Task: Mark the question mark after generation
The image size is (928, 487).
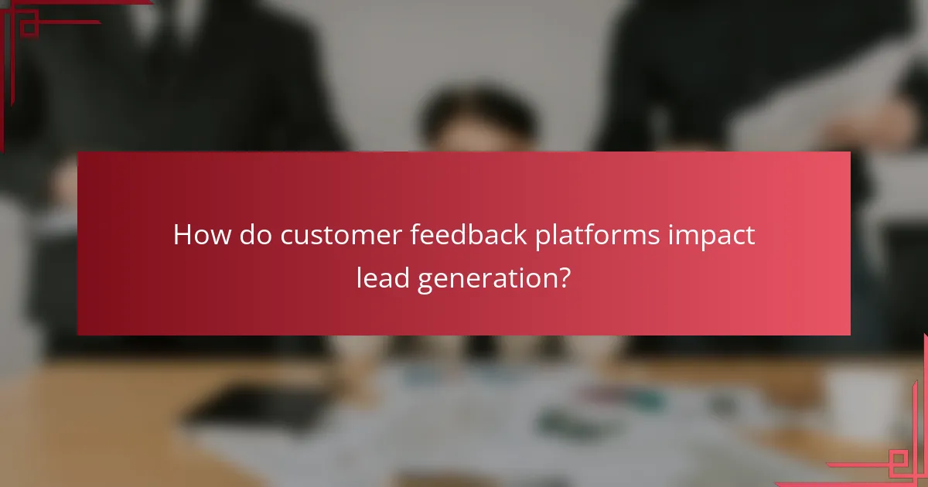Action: [564, 278]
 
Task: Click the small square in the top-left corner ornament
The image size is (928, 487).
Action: [29, 26]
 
